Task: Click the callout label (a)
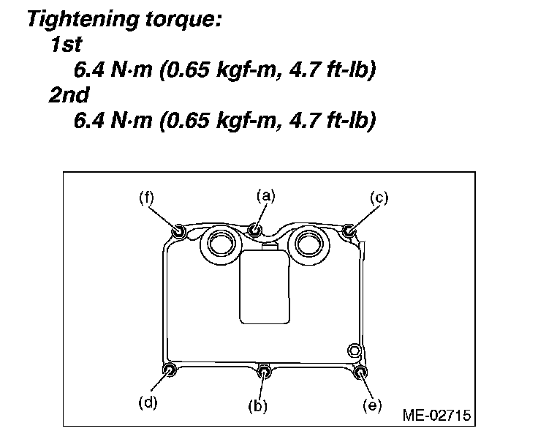pyautogui.click(x=265, y=195)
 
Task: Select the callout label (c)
pyautogui.click(x=378, y=196)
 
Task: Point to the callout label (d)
pyautogui.click(x=148, y=401)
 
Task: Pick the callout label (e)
pyautogui.click(x=372, y=405)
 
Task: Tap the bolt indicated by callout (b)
pyautogui.click(x=266, y=373)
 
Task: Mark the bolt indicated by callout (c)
pyautogui.click(x=349, y=232)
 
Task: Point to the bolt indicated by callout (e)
pyautogui.click(x=360, y=372)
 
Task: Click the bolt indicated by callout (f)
pyautogui.click(x=178, y=231)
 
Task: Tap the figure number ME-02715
pyautogui.click(x=436, y=416)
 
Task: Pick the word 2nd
pyautogui.click(x=69, y=95)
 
